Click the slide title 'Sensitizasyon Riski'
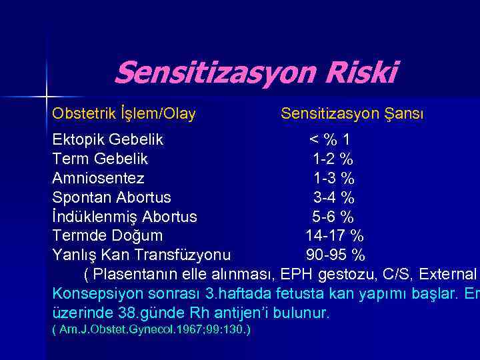pos(255,73)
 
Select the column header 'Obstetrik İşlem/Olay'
pos(124,114)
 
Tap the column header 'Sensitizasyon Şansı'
pos(352,114)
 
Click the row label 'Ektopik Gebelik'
pos(108,140)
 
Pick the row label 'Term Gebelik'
pos(100,159)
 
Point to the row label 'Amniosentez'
pos(98,179)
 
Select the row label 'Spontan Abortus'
pos(111,198)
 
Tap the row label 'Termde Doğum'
pos(107,236)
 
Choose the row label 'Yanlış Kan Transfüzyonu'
pos(142,255)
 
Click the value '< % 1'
pos(329,140)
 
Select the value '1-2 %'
pos(333,159)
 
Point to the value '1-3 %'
pos(334,179)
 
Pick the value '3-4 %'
pos(334,198)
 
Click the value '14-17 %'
pos(335,236)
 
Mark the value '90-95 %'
pos(335,255)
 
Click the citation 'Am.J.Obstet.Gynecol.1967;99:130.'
pos(151,330)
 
